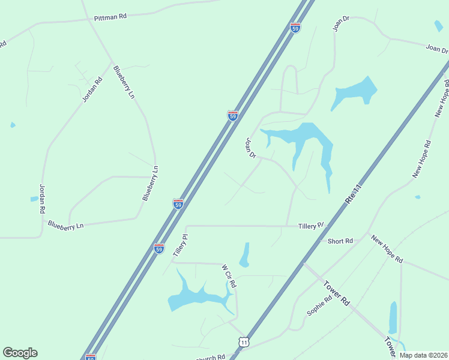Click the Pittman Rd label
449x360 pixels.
click(110, 17)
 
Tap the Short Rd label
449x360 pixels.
click(340, 241)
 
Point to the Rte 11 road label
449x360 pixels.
click(354, 196)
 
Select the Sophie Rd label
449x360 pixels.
click(319, 306)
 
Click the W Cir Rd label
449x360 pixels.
click(229, 276)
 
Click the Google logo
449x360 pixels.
click(20, 353)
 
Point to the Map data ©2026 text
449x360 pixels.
click(423, 355)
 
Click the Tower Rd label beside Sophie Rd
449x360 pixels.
click(336, 293)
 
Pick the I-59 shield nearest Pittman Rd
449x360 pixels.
click(295, 28)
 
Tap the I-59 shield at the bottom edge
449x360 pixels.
click(91, 357)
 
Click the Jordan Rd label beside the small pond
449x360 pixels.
click(42, 199)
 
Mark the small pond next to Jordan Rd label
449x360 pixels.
click(34, 199)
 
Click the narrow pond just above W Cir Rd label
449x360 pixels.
click(245, 255)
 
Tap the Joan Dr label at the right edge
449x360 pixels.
click(436, 49)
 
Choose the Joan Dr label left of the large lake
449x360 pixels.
click(250, 148)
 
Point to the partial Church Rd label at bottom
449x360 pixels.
click(211, 357)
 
